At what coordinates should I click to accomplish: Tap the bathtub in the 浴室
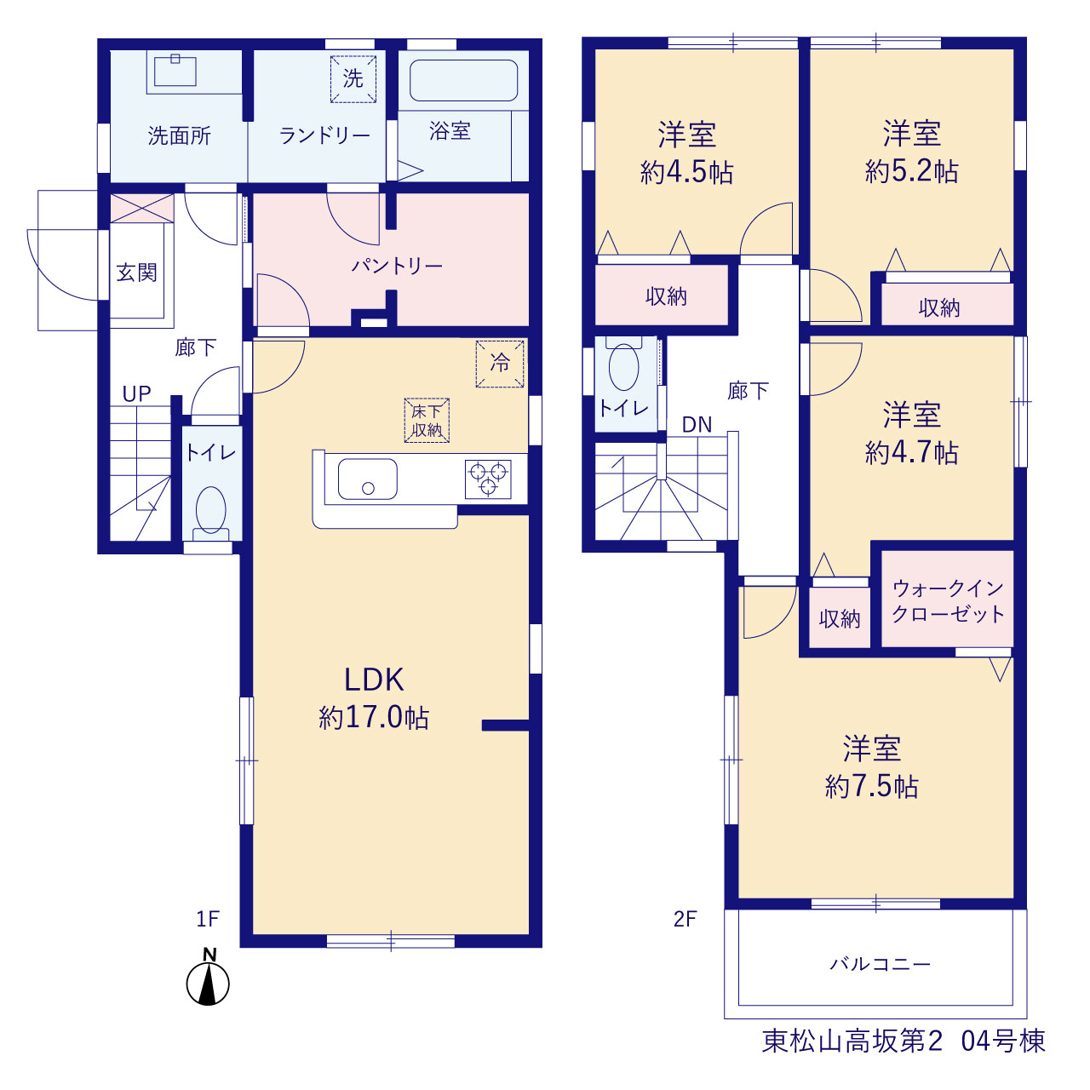tap(463, 80)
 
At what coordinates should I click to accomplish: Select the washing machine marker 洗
tap(353, 78)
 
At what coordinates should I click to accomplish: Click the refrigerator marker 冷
tap(500, 364)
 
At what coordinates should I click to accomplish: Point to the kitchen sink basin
tap(368, 479)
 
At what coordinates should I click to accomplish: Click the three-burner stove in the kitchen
tap(488, 479)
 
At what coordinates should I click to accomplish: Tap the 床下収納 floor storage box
tap(427, 421)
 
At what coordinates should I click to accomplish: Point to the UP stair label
tap(137, 393)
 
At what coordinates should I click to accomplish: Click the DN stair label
tap(697, 424)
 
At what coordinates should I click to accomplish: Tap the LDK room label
tap(374, 680)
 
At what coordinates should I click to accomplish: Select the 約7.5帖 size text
tap(872, 786)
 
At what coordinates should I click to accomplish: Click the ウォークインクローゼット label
tap(948, 601)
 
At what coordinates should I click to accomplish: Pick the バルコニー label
tap(881, 963)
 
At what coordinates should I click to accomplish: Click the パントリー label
tap(397, 266)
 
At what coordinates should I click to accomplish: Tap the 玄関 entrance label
tap(136, 272)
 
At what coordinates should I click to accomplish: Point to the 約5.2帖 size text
tap(912, 171)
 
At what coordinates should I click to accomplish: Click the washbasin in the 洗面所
tap(175, 72)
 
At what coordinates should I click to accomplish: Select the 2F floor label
tap(685, 919)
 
